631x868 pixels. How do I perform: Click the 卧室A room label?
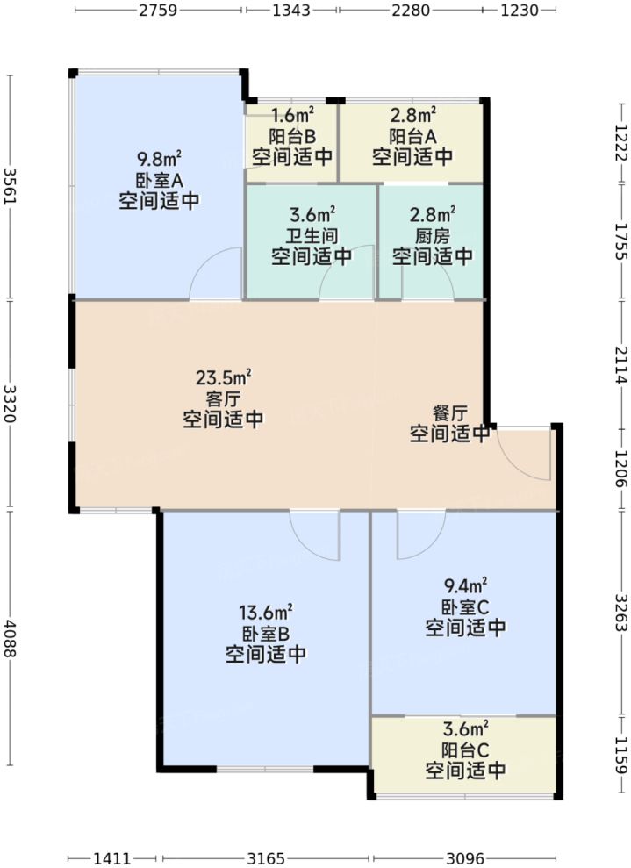click(x=158, y=180)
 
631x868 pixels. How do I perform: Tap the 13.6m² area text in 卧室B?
click(x=265, y=612)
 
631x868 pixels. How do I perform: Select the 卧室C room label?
click(x=465, y=606)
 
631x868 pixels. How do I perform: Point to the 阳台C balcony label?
click(x=465, y=750)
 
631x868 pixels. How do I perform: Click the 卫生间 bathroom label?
click(x=312, y=235)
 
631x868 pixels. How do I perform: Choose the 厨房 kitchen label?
click(x=433, y=235)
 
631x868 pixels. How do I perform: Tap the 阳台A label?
click(x=412, y=136)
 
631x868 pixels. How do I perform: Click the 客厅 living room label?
click(x=223, y=398)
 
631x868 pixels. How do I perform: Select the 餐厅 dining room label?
click(x=449, y=412)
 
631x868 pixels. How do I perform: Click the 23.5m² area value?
click(x=223, y=377)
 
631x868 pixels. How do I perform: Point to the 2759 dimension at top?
click(x=159, y=11)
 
